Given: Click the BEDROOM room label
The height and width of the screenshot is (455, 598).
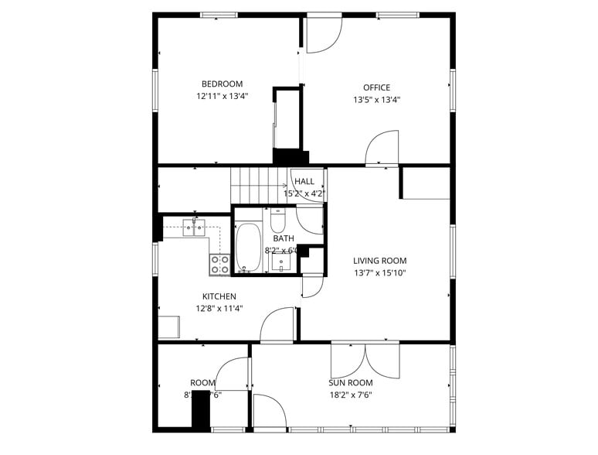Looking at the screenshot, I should tap(222, 84).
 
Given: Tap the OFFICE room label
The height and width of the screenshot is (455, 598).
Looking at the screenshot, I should tap(377, 87).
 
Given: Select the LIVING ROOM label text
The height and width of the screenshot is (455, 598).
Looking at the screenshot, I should tap(379, 261).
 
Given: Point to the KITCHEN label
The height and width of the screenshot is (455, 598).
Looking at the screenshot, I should tap(219, 296).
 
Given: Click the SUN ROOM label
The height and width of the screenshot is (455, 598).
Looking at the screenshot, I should tap(351, 383).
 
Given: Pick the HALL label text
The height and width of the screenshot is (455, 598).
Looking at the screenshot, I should tap(304, 181).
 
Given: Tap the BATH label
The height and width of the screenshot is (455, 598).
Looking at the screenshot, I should tap(283, 238).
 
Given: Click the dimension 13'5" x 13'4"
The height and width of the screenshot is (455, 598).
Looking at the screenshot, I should tap(377, 99).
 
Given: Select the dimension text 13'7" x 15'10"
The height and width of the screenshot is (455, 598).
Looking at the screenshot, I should tap(379, 272).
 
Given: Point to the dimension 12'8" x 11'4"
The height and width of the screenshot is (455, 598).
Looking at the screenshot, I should tap(219, 308).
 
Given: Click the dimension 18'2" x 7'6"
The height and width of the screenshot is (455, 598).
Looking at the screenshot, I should tap(351, 395).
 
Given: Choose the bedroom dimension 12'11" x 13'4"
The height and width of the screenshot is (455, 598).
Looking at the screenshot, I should tap(222, 97).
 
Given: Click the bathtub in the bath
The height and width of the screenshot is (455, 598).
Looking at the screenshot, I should tap(249, 247).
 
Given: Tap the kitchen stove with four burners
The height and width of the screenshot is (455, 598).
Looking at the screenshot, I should tap(219, 265).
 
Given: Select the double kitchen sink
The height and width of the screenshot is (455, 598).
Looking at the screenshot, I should tap(194, 227).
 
